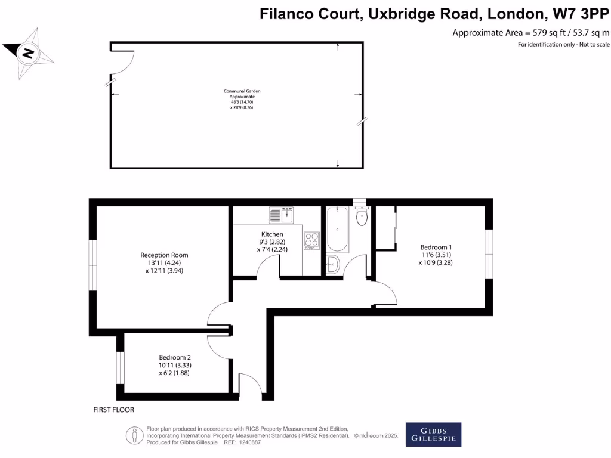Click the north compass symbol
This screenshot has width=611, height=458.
click(x=28, y=54)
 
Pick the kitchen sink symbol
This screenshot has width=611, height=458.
click(x=282, y=214)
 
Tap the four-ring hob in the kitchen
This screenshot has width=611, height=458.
click(x=312, y=240)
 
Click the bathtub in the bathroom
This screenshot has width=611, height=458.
click(x=337, y=230)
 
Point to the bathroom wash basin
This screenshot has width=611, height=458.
click(x=332, y=263)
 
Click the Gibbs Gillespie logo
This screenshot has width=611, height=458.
click(x=433, y=435)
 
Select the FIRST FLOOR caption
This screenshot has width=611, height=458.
click(x=114, y=410)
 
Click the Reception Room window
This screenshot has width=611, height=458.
click(x=93, y=266)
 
